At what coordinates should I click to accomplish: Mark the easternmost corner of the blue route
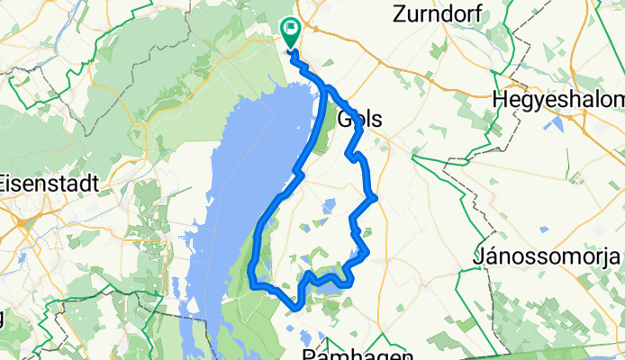(373, 196)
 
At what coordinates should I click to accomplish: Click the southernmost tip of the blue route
(298, 309)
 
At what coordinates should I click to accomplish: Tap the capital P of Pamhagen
(307, 354)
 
